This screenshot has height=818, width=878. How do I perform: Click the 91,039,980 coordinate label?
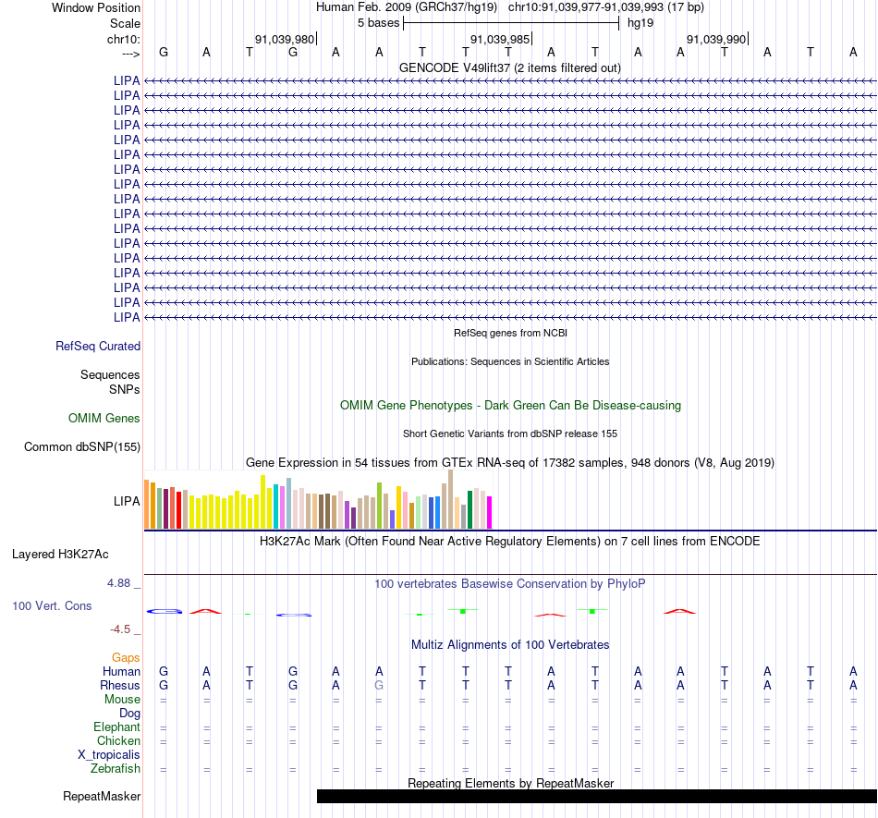point(285,39)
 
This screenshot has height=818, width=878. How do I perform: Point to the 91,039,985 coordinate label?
point(500,39)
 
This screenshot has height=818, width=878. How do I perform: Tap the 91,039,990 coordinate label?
point(716,39)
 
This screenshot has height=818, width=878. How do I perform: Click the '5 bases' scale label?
point(379,23)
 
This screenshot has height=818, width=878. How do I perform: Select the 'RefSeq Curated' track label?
point(98,346)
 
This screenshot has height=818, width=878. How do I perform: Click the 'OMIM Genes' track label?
point(104,418)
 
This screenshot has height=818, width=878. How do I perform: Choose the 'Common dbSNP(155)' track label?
point(82,446)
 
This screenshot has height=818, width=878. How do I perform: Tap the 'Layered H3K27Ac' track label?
point(60,555)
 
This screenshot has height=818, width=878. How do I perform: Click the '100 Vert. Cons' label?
point(52,605)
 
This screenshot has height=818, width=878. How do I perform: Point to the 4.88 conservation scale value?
point(118,583)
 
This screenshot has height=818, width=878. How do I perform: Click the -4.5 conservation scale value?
point(120,629)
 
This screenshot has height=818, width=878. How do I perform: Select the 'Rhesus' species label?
point(120,685)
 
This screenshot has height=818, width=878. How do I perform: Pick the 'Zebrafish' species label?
point(116,769)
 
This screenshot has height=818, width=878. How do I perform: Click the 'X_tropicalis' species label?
point(109,755)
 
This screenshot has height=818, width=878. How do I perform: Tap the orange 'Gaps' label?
point(126,657)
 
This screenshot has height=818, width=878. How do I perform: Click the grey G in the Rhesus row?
point(379,685)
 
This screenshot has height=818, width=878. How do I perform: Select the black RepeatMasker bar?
point(597,796)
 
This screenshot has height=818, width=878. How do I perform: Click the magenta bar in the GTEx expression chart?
point(490,512)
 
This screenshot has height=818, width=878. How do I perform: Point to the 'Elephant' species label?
point(117,726)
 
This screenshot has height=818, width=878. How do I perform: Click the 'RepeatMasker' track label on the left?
point(102,796)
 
